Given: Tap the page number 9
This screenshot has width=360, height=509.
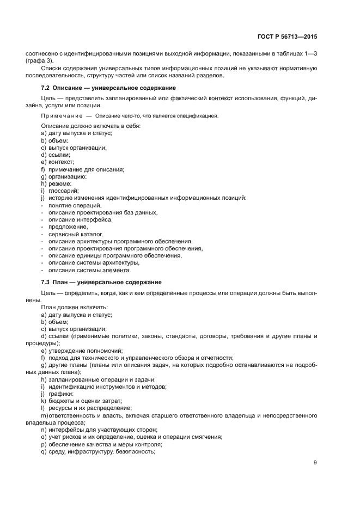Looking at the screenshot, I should [315, 463].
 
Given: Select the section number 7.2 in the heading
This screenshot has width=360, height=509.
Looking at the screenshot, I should [46, 88].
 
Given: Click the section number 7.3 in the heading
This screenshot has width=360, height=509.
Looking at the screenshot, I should [46, 282].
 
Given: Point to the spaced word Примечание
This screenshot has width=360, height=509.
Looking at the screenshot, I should [60, 116].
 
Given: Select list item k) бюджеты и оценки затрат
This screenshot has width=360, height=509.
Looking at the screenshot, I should [78, 401].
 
